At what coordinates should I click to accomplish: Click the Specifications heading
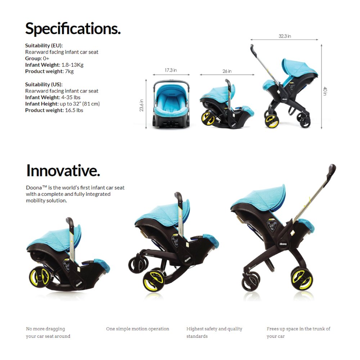(73, 29)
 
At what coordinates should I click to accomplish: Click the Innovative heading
(63, 171)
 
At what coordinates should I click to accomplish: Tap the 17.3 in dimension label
(171, 70)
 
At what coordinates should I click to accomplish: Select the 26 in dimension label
(227, 71)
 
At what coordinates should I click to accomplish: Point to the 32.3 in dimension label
(285, 36)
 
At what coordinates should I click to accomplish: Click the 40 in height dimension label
(325, 91)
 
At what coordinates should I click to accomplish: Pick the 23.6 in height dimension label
(141, 105)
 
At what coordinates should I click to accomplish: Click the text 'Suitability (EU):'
(44, 45)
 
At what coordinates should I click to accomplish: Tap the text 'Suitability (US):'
(44, 84)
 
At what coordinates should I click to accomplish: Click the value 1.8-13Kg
(72, 65)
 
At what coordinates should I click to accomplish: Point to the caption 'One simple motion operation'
(138, 329)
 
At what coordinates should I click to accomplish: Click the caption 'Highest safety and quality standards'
(214, 332)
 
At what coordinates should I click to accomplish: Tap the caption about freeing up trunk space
(298, 332)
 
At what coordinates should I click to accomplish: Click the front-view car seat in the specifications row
(171, 104)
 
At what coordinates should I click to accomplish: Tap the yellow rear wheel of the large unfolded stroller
(301, 278)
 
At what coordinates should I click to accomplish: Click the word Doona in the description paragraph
(34, 188)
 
